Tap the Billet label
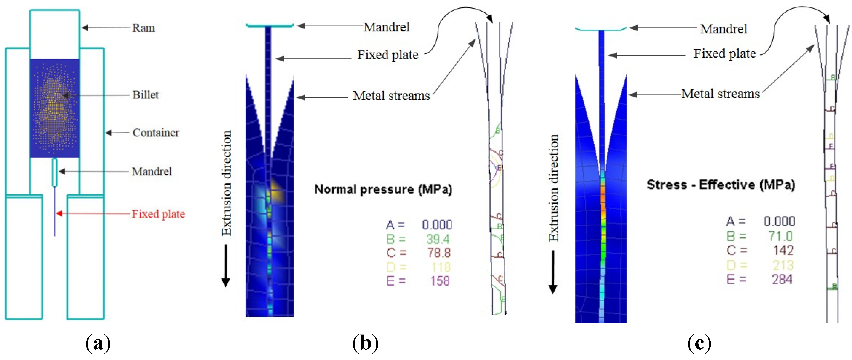coord(146,95)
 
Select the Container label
coord(156,133)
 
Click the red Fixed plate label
coord(158,214)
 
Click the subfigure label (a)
coord(98,343)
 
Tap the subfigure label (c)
coord(699,343)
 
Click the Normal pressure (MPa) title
coord(383,189)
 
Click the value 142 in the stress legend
coord(783,250)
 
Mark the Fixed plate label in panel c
coord(724,54)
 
